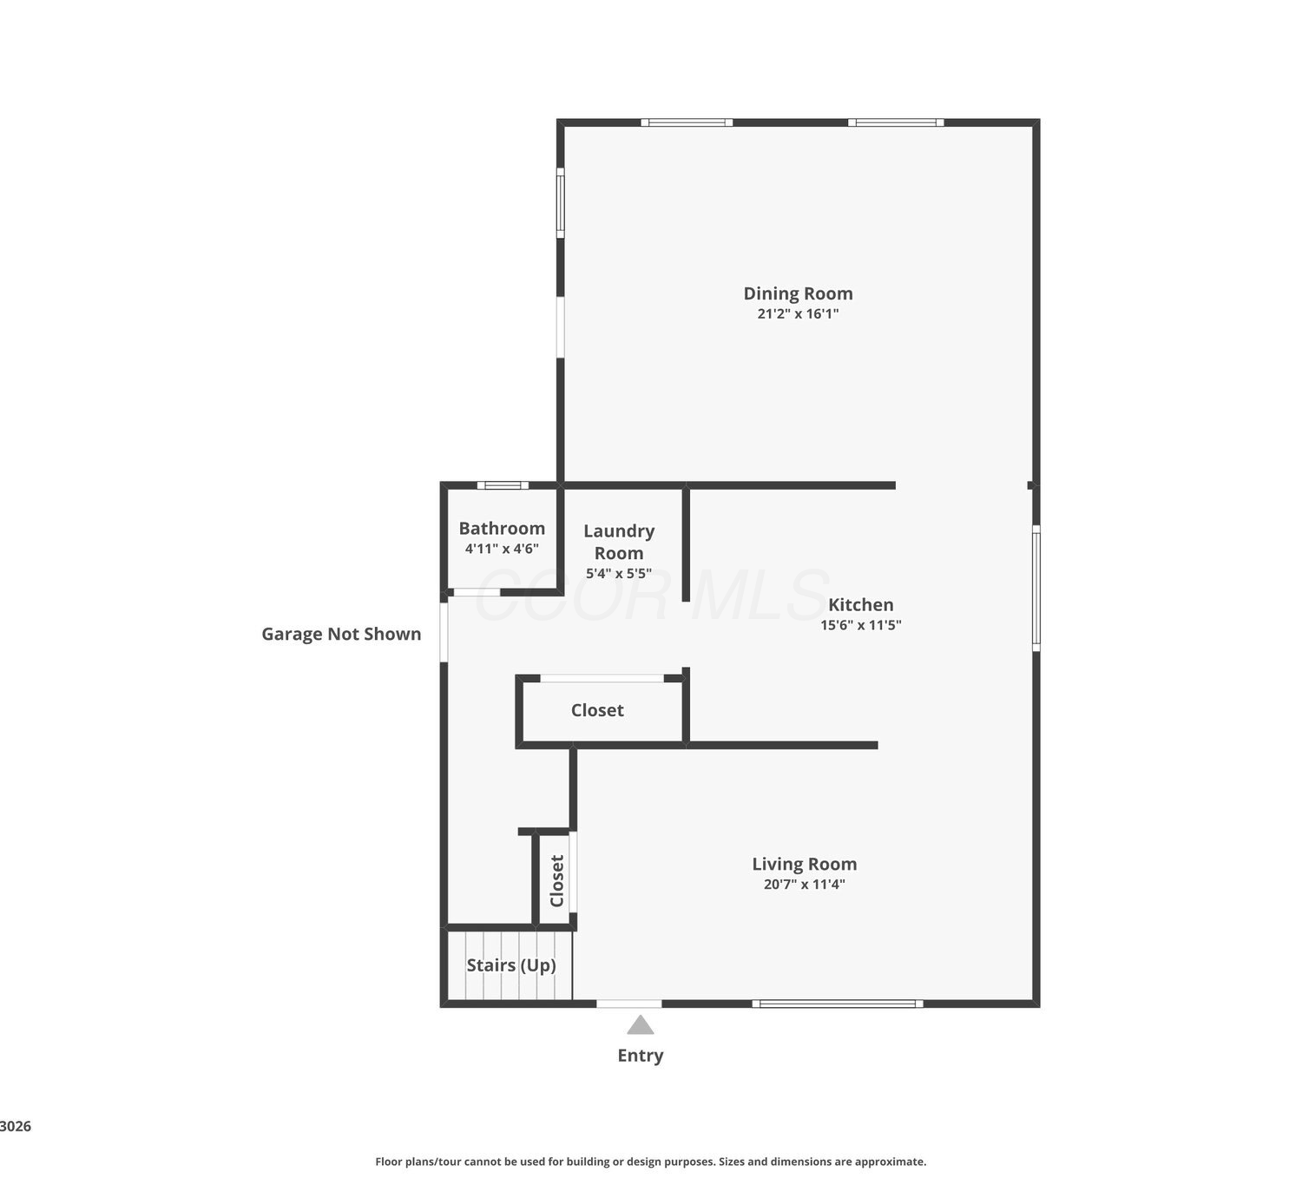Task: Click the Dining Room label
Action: (798, 293)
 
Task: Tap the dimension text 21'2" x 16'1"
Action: (798, 313)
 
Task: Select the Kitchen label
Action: (861, 604)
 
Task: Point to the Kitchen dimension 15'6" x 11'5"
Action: (861, 625)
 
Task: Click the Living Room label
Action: (804, 864)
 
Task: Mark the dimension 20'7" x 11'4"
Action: (804, 884)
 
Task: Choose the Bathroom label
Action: (502, 529)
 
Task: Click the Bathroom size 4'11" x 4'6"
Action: (502, 549)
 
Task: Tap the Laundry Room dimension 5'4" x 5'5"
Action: (619, 573)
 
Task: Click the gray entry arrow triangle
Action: (640, 1024)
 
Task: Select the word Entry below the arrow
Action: (640, 1056)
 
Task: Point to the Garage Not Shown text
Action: (341, 634)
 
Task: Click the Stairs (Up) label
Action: (511, 965)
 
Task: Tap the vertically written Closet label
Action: (557, 881)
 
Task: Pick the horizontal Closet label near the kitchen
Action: (597, 710)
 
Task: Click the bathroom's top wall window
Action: (503, 485)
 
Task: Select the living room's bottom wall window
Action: (838, 1004)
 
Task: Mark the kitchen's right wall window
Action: (1036, 589)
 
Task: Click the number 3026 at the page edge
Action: (16, 1127)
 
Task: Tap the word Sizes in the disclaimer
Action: (732, 1162)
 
